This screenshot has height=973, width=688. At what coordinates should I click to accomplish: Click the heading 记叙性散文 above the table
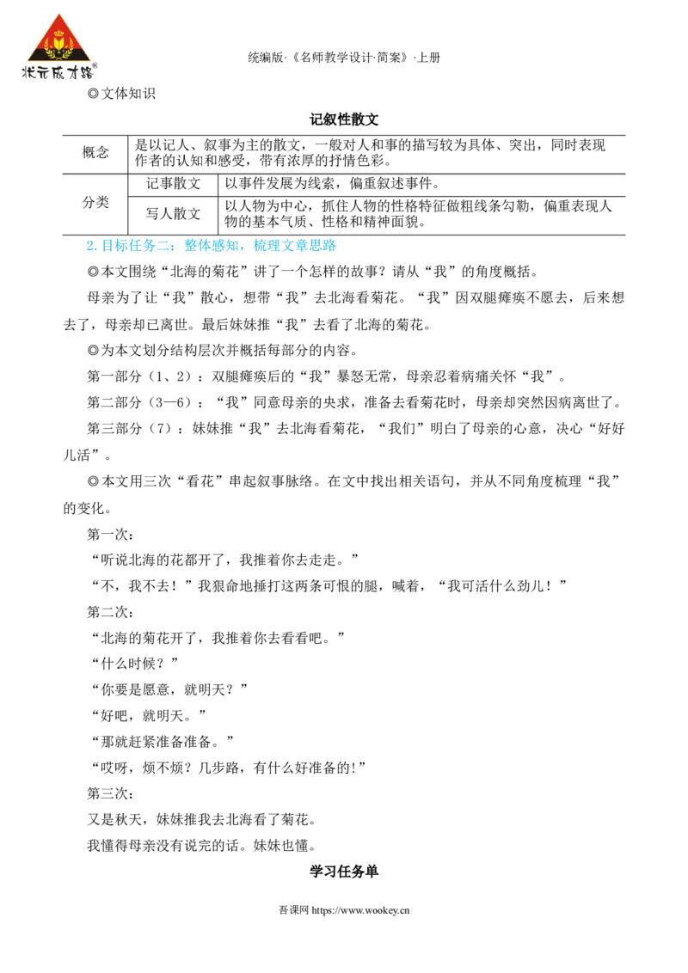click(x=344, y=119)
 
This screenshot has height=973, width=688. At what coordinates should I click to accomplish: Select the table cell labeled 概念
click(x=95, y=153)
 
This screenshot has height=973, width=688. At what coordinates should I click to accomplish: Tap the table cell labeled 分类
click(x=95, y=203)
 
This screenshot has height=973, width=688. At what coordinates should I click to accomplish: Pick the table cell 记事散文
click(x=173, y=184)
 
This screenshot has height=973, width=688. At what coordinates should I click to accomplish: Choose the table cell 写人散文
click(x=173, y=215)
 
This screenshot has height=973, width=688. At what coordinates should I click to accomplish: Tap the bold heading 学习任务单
click(x=344, y=872)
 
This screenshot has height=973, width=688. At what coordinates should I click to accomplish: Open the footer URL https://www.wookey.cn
click(x=360, y=910)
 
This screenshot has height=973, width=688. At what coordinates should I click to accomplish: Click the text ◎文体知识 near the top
click(x=122, y=94)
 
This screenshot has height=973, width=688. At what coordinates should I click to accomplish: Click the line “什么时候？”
click(x=134, y=664)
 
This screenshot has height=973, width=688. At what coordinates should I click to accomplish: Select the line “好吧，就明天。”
click(x=148, y=716)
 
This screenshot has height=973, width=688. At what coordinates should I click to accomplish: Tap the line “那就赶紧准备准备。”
click(x=162, y=742)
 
